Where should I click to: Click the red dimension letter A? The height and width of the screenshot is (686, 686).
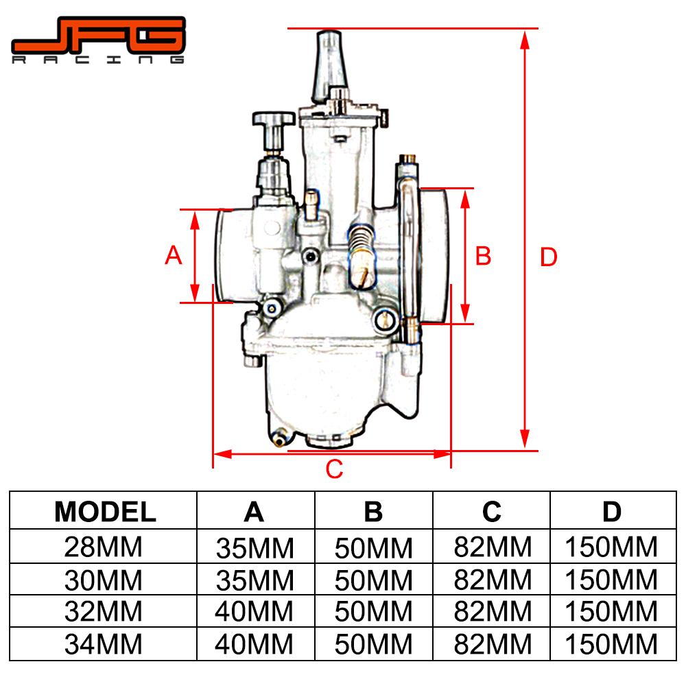click(x=174, y=255)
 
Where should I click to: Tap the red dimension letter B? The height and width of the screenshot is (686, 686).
click(x=484, y=255)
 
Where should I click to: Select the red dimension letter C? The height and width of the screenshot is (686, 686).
click(x=333, y=469)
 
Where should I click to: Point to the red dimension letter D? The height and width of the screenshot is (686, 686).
click(x=549, y=257)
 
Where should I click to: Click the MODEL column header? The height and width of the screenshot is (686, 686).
click(x=105, y=511)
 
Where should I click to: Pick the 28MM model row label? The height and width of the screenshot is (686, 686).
click(x=105, y=547)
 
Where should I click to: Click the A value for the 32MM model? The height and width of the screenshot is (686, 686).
click(x=255, y=611)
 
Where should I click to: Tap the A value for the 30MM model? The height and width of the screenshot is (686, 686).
click(x=255, y=580)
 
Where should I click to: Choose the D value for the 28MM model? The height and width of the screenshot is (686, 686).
click(x=611, y=547)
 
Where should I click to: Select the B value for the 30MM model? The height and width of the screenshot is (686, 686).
click(x=374, y=580)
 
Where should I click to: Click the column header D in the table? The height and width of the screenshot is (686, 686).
click(x=611, y=511)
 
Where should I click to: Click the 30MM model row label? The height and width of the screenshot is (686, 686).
click(x=105, y=580)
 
